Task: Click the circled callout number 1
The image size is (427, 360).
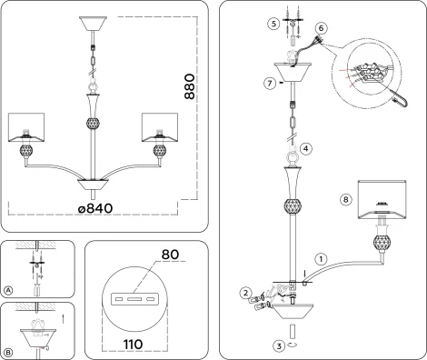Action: [319, 258]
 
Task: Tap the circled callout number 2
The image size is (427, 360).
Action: [244, 293]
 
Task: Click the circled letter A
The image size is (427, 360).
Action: [8, 290]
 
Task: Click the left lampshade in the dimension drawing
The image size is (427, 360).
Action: [28, 128]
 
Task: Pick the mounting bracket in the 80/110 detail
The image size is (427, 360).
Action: [132, 298]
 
